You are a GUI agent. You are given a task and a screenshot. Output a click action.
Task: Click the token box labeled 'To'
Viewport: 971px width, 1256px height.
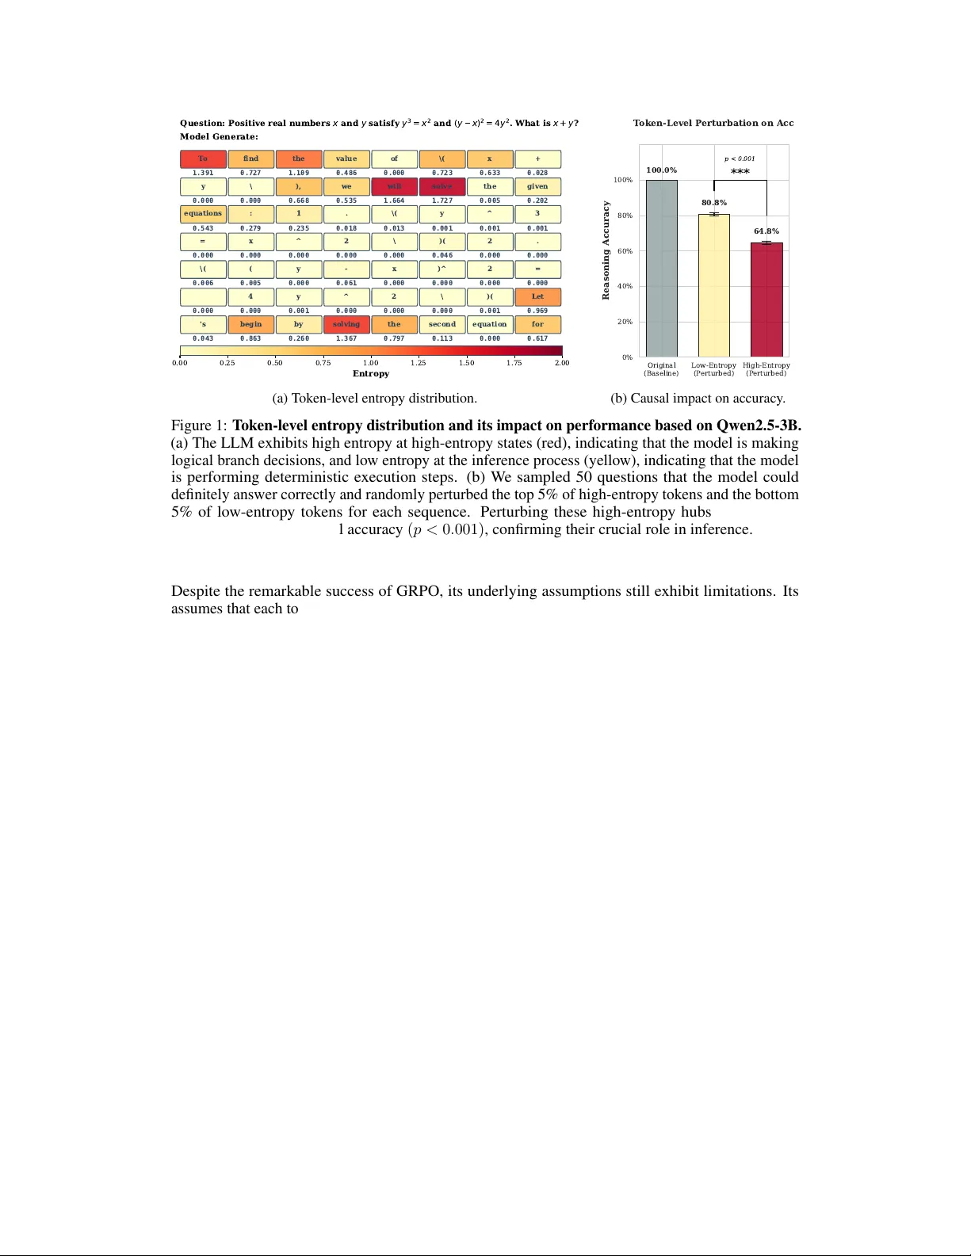point(203,158)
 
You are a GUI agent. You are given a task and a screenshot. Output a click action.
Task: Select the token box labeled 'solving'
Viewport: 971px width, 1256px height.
point(346,324)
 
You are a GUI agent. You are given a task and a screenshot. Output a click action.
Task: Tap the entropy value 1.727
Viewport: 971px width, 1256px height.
point(442,200)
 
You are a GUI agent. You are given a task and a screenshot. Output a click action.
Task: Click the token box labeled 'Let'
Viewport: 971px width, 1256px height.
point(537,296)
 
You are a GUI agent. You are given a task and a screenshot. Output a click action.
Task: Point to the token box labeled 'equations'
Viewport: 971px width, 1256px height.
point(203,214)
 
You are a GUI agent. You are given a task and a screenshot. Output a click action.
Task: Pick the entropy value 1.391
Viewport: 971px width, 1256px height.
point(203,173)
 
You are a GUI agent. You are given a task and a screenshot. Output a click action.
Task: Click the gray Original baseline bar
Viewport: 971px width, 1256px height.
point(661,269)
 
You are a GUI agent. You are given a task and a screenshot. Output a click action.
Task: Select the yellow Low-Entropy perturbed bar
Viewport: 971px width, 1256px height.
point(713,285)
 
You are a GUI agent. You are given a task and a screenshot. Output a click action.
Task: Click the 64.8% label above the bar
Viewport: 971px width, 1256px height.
point(766,231)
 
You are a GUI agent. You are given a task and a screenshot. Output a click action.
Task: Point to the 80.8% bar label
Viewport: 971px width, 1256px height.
point(713,203)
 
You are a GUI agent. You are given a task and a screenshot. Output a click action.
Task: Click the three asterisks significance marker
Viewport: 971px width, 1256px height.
point(740,171)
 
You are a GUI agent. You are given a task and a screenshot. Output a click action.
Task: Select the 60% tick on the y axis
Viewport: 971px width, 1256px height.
point(625,251)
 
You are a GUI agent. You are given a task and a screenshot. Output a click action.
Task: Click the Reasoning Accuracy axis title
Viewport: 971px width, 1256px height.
point(606,250)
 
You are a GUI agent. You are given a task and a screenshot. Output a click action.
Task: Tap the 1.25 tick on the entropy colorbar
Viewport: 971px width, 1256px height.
point(418,363)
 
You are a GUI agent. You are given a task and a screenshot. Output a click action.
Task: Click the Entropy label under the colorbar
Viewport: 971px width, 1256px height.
point(371,374)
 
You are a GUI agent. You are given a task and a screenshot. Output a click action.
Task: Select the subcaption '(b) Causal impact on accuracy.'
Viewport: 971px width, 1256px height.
point(698,398)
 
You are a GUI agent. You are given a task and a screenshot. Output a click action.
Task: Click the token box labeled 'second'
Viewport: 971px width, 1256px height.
point(442,324)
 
